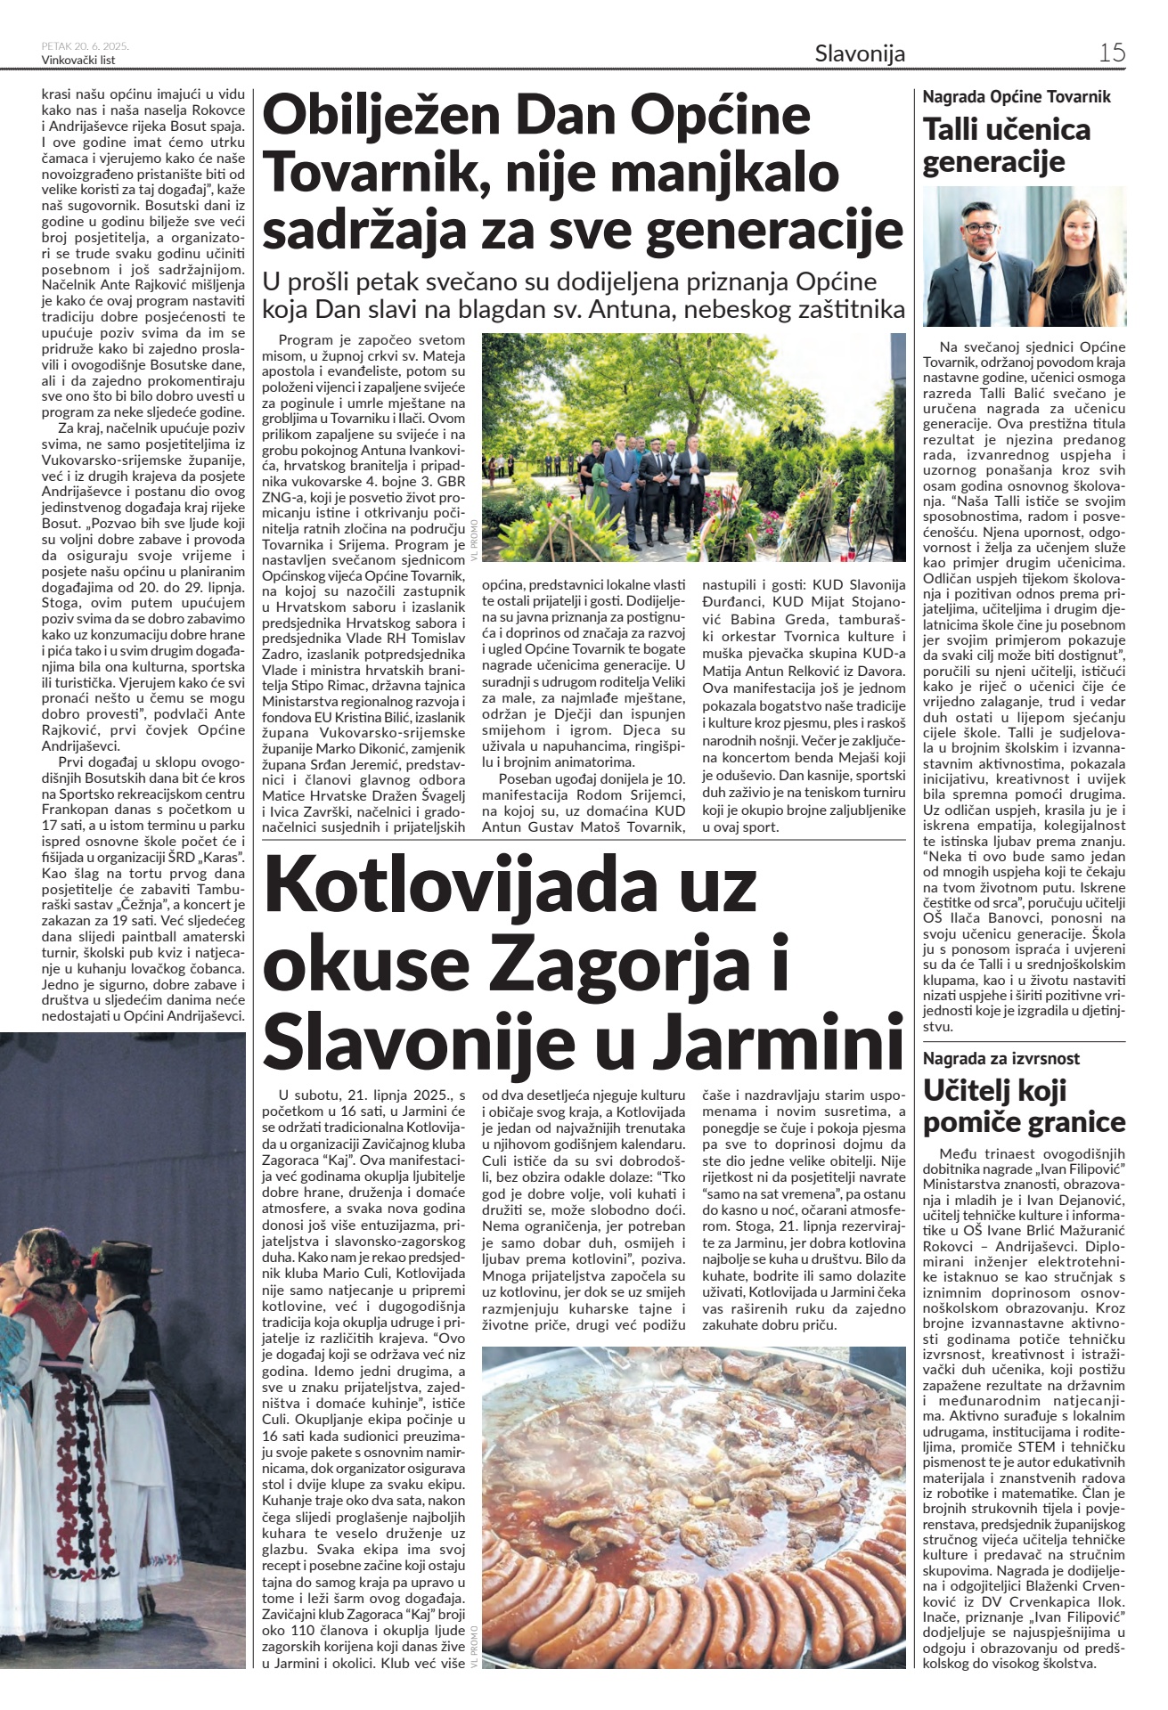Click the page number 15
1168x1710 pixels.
point(1111,53)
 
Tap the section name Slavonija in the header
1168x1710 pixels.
point(859,53)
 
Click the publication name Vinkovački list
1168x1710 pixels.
point(78,60)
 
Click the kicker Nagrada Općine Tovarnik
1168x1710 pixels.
point(1017,97)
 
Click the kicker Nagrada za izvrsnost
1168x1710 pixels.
point(1001,1059)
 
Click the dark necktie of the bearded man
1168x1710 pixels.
point(986,294)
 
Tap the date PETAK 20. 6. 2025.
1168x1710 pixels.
point(86,45)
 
